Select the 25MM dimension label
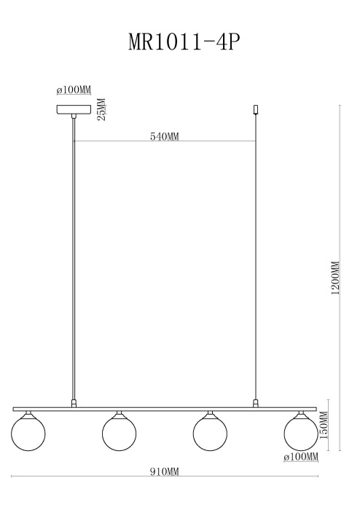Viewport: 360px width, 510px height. point(102,110)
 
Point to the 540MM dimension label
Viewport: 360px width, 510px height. point(164,136)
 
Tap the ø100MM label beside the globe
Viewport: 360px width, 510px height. point(300,457)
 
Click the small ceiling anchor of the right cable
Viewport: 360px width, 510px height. point(255,110)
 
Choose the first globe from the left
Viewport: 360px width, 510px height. point(28,432)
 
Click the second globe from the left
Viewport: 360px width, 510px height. point(119,432)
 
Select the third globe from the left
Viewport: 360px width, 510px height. point(210,432)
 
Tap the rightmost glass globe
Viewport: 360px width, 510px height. point(300,432)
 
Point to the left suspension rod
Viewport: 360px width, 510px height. point(74,255)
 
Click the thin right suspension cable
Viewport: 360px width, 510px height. point(255,255)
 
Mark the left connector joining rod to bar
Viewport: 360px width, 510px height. point(74,402)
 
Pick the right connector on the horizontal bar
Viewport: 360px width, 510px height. point(255,402)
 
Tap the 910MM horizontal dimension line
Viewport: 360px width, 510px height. point(87,476)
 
